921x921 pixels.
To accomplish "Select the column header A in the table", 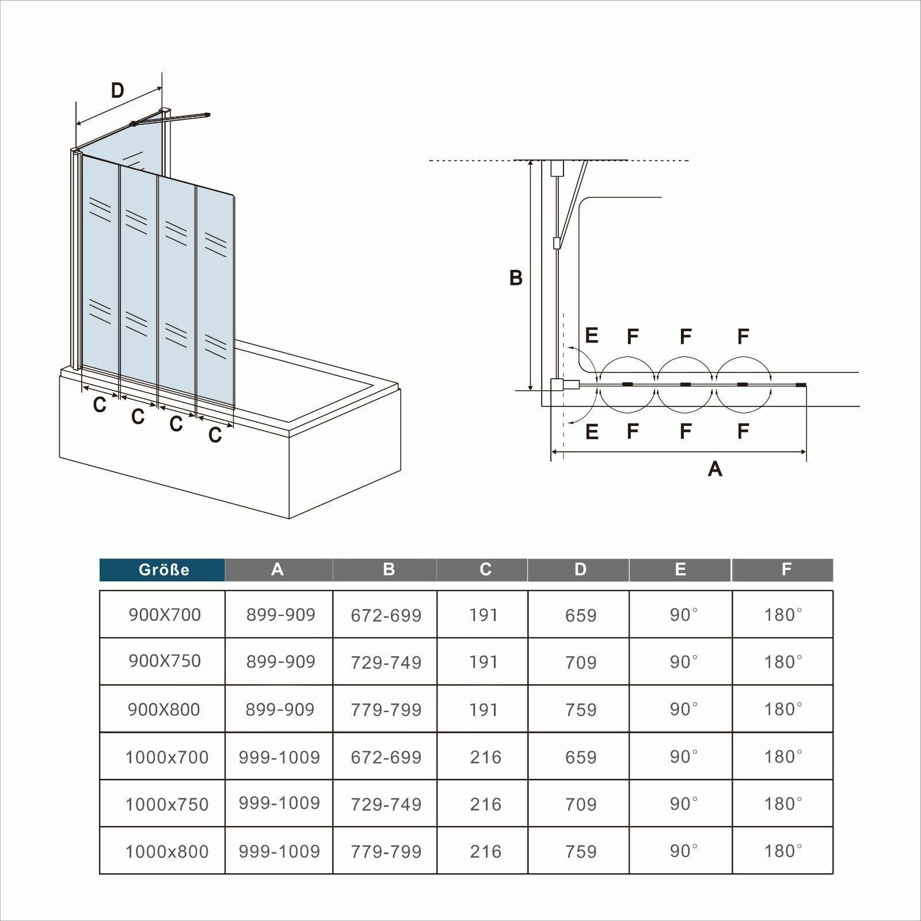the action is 278,570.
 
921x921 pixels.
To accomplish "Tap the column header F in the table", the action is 786,570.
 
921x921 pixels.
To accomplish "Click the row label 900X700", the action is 165,615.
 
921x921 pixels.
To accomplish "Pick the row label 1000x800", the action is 167,851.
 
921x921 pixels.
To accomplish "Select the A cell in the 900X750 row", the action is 281,662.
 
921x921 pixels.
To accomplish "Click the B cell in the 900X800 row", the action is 386,710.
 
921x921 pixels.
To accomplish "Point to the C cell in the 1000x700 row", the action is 485,757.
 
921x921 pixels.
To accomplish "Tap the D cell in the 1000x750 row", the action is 581,804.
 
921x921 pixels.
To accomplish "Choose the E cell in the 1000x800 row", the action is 684,851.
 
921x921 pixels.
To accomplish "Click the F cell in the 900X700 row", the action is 783,615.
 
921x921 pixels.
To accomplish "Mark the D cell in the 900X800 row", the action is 581,710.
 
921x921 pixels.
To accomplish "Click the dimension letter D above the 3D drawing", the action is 117,90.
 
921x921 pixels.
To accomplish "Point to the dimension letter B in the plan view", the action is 516,278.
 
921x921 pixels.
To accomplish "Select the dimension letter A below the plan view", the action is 715,469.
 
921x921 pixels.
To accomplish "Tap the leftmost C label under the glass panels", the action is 100,405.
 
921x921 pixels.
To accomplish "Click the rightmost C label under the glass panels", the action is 215,435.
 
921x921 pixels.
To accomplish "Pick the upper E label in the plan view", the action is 591,335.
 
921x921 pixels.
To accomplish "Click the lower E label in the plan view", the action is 591,432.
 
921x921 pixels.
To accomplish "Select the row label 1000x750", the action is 167,804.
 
